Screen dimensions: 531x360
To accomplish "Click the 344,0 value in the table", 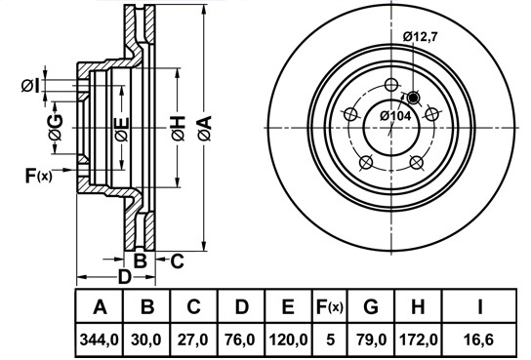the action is pyautogui.click(x=100, y=340).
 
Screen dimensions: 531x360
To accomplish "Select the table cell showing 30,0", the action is pyautogui.click(x=146, y=340).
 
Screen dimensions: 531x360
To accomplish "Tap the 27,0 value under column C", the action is pyautogui.click(x=193, y=340).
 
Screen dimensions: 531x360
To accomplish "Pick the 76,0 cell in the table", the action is pyautogui.click(x=241, y=340).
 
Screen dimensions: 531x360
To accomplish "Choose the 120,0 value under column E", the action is pyautogui.click(x=288, y=340).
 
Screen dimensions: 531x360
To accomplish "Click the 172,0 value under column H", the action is pyautogui.click(x=419, y=340).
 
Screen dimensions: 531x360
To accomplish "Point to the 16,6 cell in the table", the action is pyautogui.click(x=479, y=340).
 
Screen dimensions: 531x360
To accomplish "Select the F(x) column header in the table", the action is pyautogui.click(x=330, y=307).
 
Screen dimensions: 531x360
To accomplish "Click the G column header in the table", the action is pyautogui.click(x=371, y=307).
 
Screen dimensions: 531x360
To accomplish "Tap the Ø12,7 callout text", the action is pyautogui.click(x=421, y=36).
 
